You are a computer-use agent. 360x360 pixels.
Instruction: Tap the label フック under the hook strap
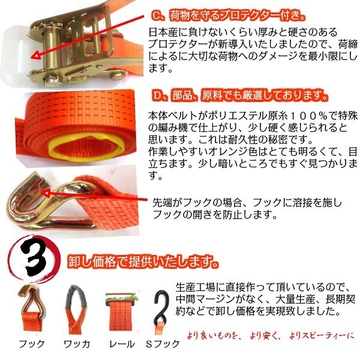click(x=31, y=344)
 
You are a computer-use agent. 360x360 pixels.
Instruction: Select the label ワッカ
click(x=77, y=344)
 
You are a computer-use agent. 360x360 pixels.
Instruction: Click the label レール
click(x=122, y=344)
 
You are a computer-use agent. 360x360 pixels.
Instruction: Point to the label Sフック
click(x=163, y=344)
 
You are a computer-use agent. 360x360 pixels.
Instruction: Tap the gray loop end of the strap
click(x=76, y=296)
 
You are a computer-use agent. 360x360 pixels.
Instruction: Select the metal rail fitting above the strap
click(x=122, y=298)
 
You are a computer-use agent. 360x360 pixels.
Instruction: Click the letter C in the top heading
click(x=157, y=16)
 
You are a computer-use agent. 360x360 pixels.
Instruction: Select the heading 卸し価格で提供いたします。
click(x=143, y=262)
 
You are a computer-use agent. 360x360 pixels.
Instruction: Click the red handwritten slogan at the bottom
click(x=271, y=335)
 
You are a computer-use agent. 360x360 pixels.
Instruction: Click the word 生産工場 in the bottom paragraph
click(x=196, y=287)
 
